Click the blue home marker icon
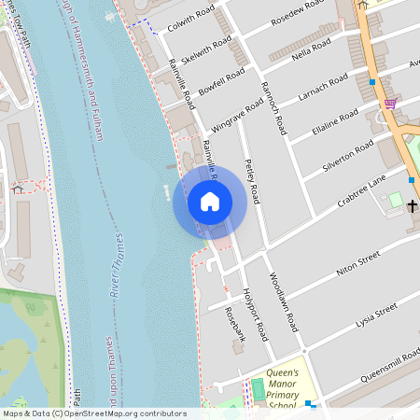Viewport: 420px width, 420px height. coord(209,201)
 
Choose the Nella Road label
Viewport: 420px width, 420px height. coord(311,47)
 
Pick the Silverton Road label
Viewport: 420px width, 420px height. coord(348,154)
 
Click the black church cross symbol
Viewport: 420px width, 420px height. coord(412,204)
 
